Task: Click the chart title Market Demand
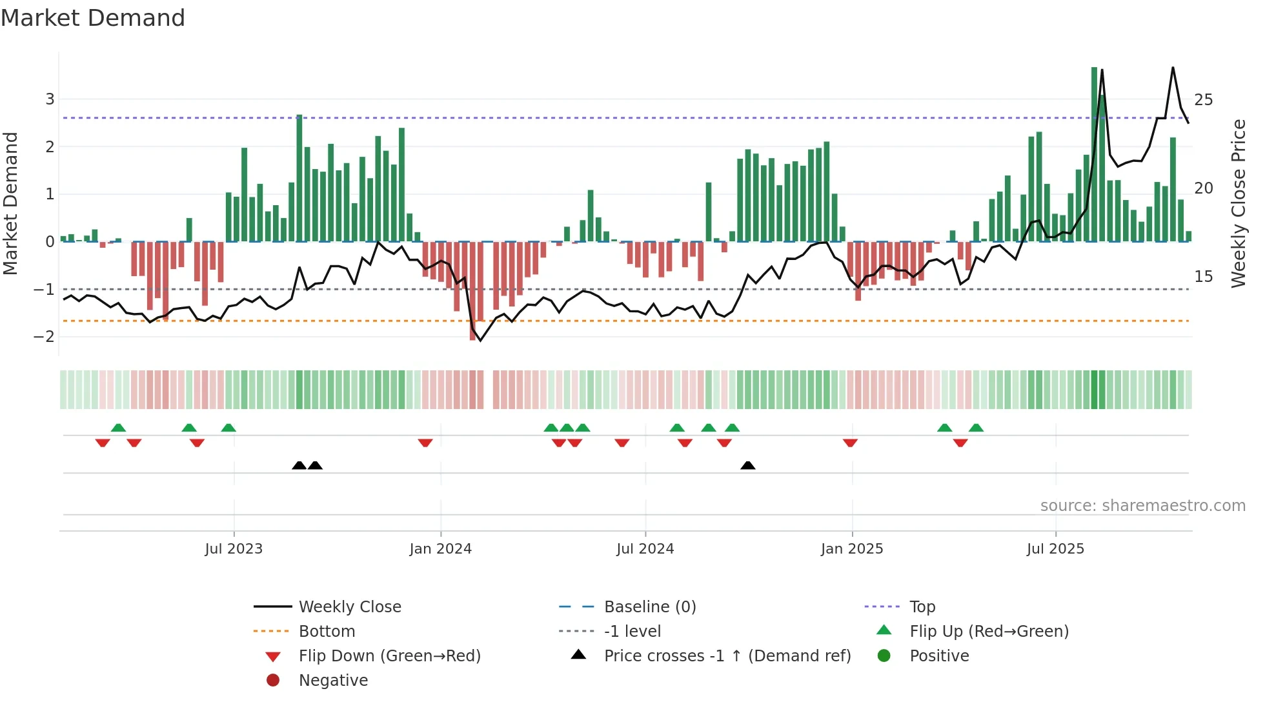pos(93,18)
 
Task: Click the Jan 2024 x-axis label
pos(440,549)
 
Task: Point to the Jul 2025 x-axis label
pos(1055,549)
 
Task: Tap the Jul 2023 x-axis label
pos(234,549)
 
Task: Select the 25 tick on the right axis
pos(1203,100)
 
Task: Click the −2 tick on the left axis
pos(45,337)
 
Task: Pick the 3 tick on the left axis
pos(50,99)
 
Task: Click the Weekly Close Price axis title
pos(1238,203)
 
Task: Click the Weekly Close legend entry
pos(349,607)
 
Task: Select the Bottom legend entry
pos(327,632)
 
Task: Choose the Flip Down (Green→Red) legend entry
pos(389,656)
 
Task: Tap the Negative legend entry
pos(333,681)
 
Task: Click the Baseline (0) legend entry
pos(649,607)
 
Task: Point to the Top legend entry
pos(922,607)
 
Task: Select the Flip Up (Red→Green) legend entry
pos(989,632)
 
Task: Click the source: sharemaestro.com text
pos(1142,506)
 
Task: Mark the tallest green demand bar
pos(1094,155)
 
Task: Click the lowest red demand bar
pos(472,290)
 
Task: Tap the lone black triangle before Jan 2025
pos(747,465)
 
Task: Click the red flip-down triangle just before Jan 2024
pos(425,443)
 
